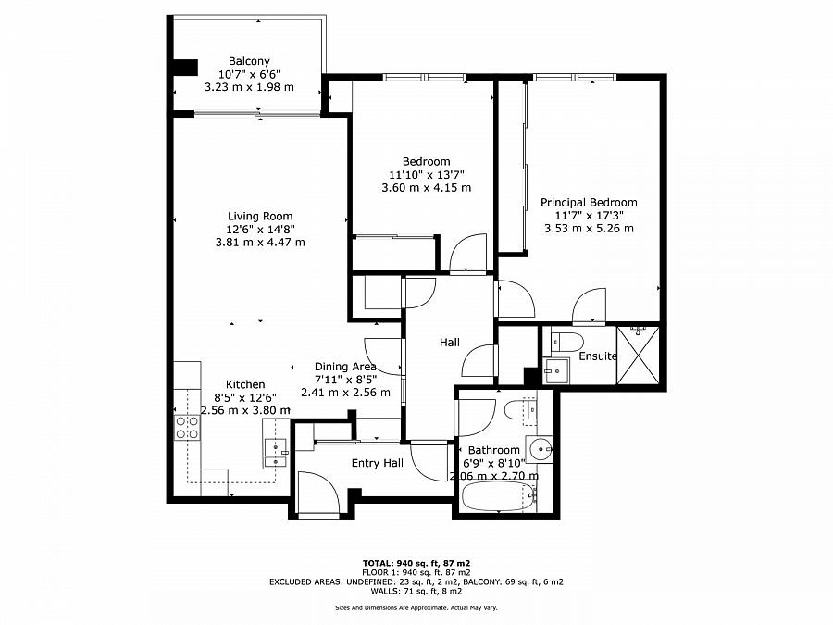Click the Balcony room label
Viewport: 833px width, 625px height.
[x=249, y=61]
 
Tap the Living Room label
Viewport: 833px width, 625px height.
[x=260, y=216]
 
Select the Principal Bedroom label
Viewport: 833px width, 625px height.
[x=589, y=202]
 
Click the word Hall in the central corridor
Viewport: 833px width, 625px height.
[x=450, y=343]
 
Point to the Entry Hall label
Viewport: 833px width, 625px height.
[x=378, y=464]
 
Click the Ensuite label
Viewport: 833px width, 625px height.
[x=598, y=356]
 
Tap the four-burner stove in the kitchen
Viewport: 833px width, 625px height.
[x=188, y=428]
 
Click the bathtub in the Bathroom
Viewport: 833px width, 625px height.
[x=500, y=496]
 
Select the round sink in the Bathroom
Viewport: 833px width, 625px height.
[x=540, y=450]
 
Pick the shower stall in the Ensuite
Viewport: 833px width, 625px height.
[x=638, y=355]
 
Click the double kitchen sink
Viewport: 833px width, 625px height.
[x=276, y=453]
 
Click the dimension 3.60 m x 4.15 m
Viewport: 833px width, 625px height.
[x=426, y=188]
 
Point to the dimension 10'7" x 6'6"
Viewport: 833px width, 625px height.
[x=249, y=74]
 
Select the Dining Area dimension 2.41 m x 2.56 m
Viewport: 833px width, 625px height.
[x=345, y=393]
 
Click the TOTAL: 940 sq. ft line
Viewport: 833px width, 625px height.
[x=416, y=563]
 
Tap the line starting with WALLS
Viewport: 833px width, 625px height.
[x=416, y=591]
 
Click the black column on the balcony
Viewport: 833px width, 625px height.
[x=185, y=67]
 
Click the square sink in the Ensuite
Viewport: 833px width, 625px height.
[x=555, y=369]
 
